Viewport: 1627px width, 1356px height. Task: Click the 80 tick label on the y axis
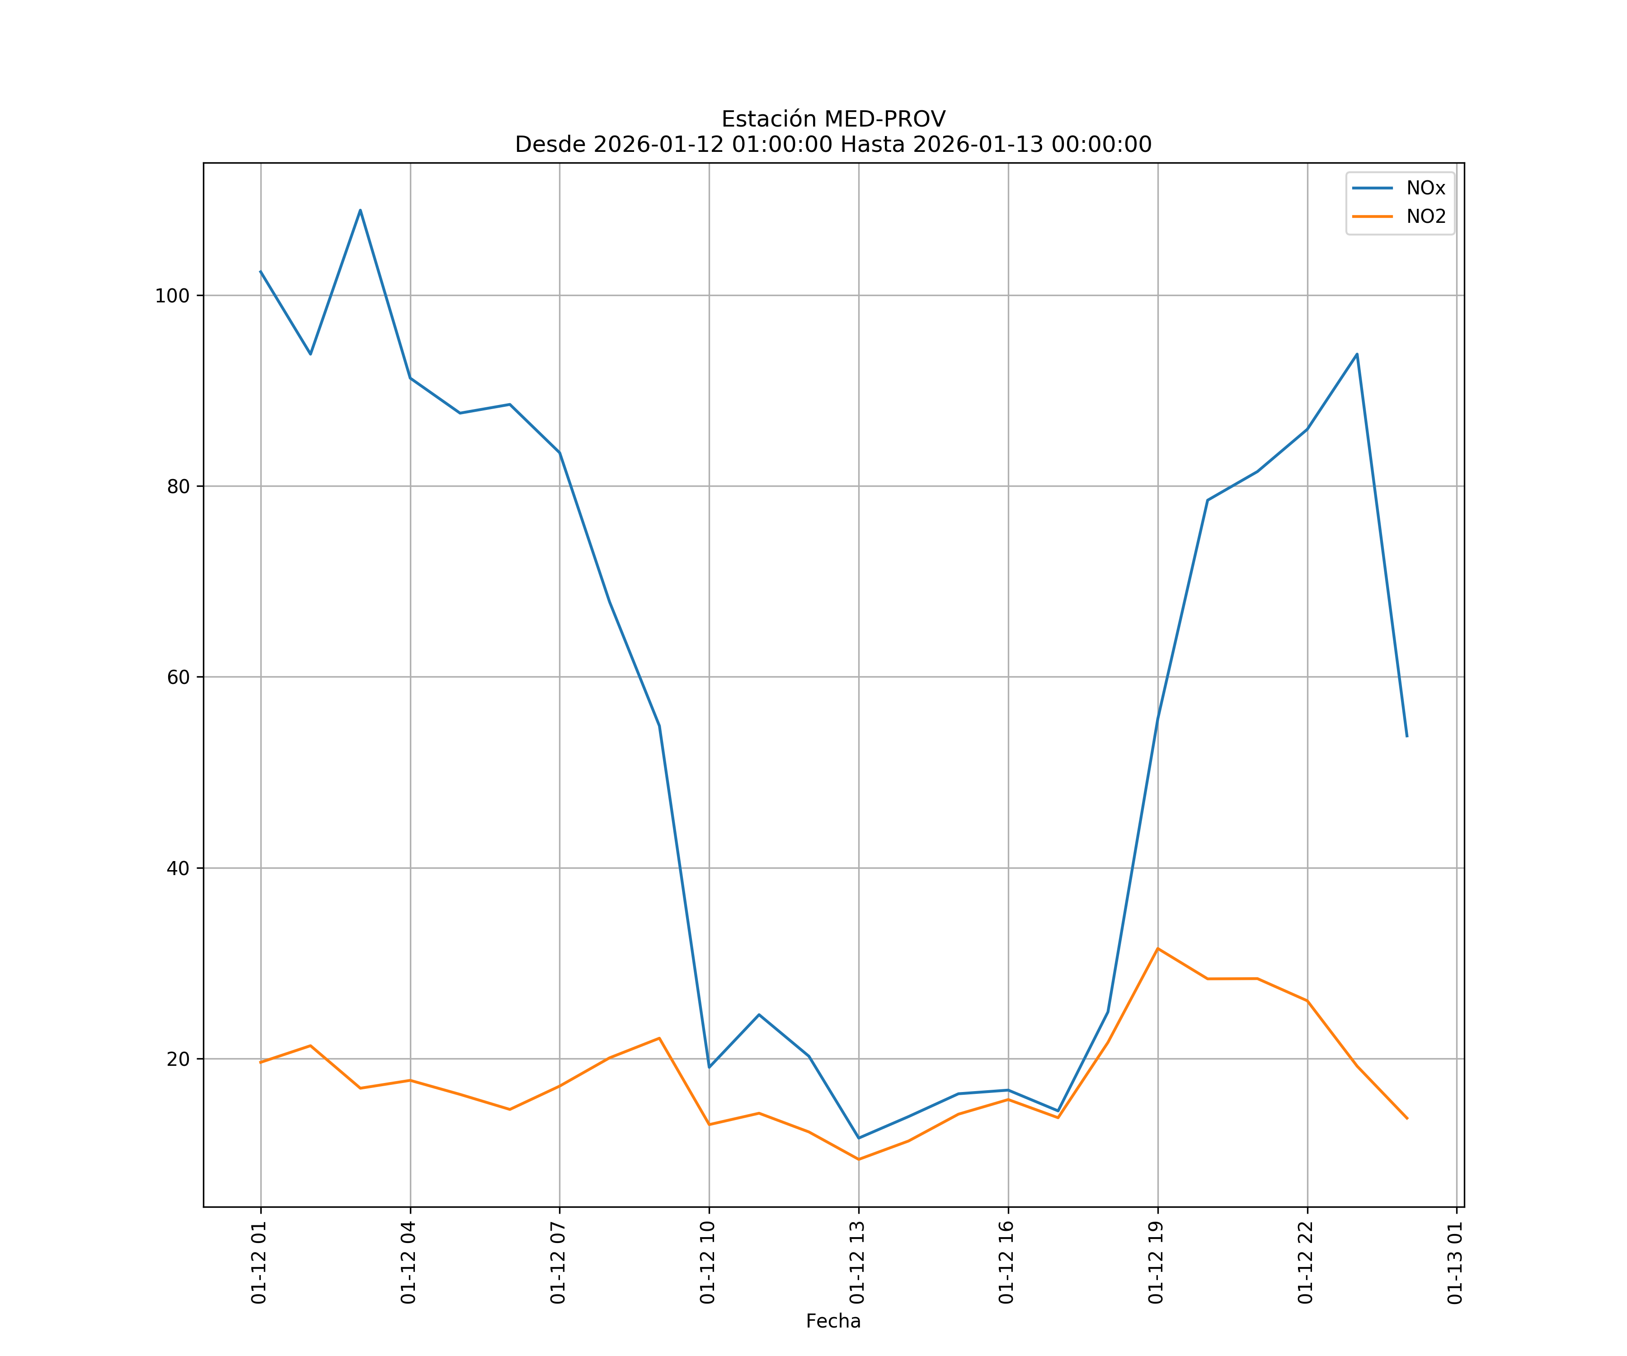click(178, 487)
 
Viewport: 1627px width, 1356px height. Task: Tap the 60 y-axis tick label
click(178, 677)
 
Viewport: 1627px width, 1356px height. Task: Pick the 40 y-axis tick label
click(178, 868)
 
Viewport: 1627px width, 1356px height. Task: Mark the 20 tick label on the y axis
click(178, 1059)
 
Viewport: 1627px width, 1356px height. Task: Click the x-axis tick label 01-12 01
click(259, 1262)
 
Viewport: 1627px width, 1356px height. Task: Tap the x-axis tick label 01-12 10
click(707, 1262)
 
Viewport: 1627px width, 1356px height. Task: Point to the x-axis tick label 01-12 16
click(1006, 1262)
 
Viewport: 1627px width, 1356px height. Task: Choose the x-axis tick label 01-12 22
click(1306, 1262)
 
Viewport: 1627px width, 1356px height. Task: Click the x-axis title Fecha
click(833, 1321)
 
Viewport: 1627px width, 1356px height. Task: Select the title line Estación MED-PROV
click(833, 119)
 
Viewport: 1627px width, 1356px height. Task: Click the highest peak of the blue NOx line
click(360, 210)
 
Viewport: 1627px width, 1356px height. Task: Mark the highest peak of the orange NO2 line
click(1157, 948)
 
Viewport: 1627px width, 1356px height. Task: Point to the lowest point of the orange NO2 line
click(858, 1159)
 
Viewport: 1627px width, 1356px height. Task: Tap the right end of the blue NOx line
click(1407, 736)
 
